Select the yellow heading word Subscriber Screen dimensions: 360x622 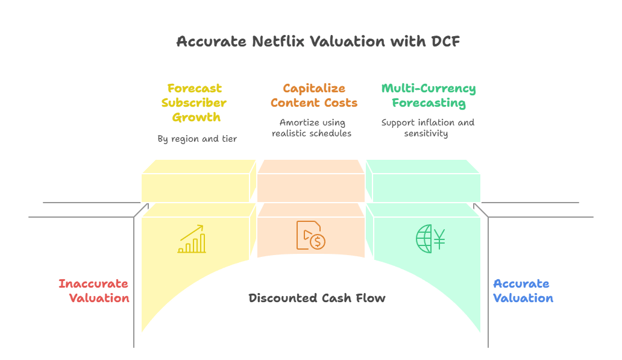pos(194,103)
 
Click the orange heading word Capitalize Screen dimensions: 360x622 pos(313,89)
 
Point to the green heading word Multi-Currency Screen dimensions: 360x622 pos(429,89)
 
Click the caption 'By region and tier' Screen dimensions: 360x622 pos(197,139)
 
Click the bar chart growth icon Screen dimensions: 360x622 pos(192,239)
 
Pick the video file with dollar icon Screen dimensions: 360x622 pos(310,235)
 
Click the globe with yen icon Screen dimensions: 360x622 pos(430,238)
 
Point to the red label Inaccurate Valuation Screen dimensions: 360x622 pos(94,291)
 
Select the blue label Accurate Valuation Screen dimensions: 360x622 pos(522,291)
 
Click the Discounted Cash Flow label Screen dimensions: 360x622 pos(317,298)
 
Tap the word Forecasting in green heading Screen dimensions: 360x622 pos(429,103)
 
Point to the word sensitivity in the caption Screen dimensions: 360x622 pos(426,133)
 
